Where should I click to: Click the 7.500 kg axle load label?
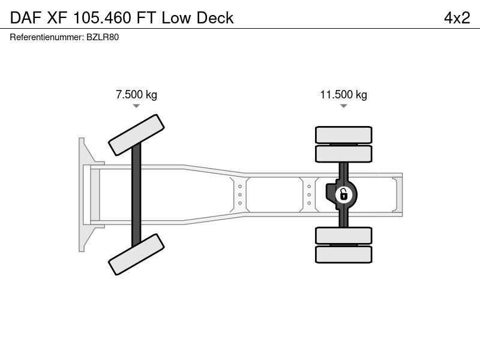[x=136, y=94]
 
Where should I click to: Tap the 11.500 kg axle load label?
[x=343, y=94]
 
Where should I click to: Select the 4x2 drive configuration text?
[x=457, y=18]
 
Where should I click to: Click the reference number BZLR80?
[x=103, y=37]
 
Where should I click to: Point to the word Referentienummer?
[x=47, y=37]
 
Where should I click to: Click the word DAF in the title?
[x=26, y=18]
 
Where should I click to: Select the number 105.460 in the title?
[x=102, y=18]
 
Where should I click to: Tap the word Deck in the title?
[x=215, y=18]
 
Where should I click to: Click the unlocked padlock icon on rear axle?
[x=343, y=194]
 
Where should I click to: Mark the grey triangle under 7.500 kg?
[x=136, y=106]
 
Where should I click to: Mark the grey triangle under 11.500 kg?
[x=343, y=106]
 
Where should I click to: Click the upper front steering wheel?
[x=136, y=135]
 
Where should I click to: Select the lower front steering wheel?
[x=136, y=254]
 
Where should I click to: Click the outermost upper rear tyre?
[x=343, y=134]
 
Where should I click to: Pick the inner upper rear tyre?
[x=343, y=154]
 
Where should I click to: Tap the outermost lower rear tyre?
[x=343, y=254]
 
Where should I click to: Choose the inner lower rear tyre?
[x=343, y=235]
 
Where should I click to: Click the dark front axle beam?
[x=136, y=194]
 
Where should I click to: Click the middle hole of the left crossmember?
[x=240, y=194]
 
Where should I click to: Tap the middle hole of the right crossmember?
[x=309, y=194]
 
